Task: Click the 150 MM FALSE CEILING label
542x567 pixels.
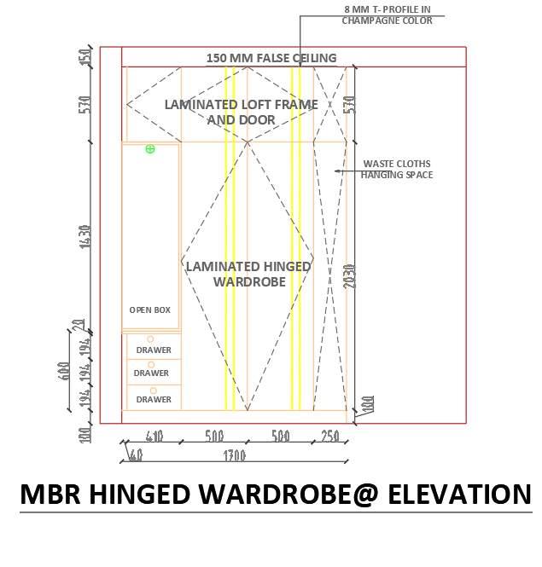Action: [x=271, y=58]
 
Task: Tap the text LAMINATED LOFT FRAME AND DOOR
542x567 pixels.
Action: [x=241, y=112]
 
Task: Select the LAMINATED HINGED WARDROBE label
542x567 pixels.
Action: [x=248, y=274]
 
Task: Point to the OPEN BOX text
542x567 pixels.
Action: [x=150, y=310]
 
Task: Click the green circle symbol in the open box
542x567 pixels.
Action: [x=150, y=149]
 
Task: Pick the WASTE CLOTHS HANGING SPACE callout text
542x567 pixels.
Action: [x=396, y=169]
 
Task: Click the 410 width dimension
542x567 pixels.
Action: [x=154, y=437]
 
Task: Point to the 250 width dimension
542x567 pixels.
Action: [x=329, y=437]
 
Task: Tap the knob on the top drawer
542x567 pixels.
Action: [x=151, y=339]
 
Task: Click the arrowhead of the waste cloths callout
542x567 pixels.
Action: [x=336, y=171]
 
